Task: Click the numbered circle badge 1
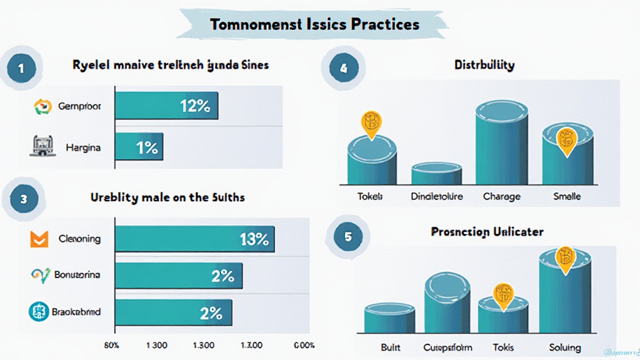pos(21,69)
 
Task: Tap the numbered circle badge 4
pos(342,69)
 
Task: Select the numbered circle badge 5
pos(347,237)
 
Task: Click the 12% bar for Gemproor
pos(166,106)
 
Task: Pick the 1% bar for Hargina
pos(139,149)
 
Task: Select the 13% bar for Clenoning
pos(194,239)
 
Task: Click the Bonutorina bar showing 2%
pos(178,275)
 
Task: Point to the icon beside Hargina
pos(39,147)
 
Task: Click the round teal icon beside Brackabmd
pos(39,311)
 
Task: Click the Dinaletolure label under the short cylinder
pos(437,196)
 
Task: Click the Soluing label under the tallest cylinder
pos(565,347)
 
